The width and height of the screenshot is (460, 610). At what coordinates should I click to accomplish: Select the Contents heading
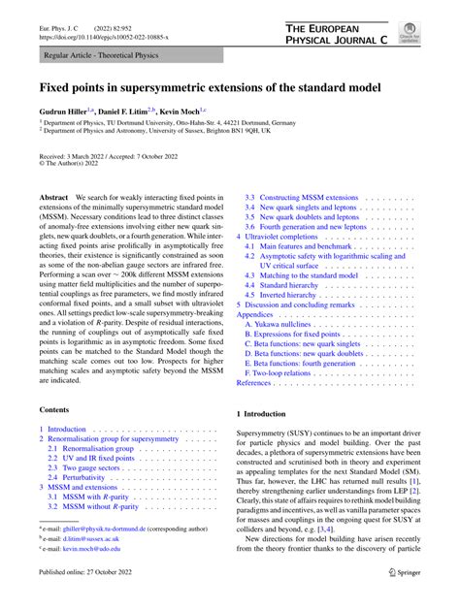pos(57,408)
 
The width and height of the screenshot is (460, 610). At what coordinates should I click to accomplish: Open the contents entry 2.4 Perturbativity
pos(87,478)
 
